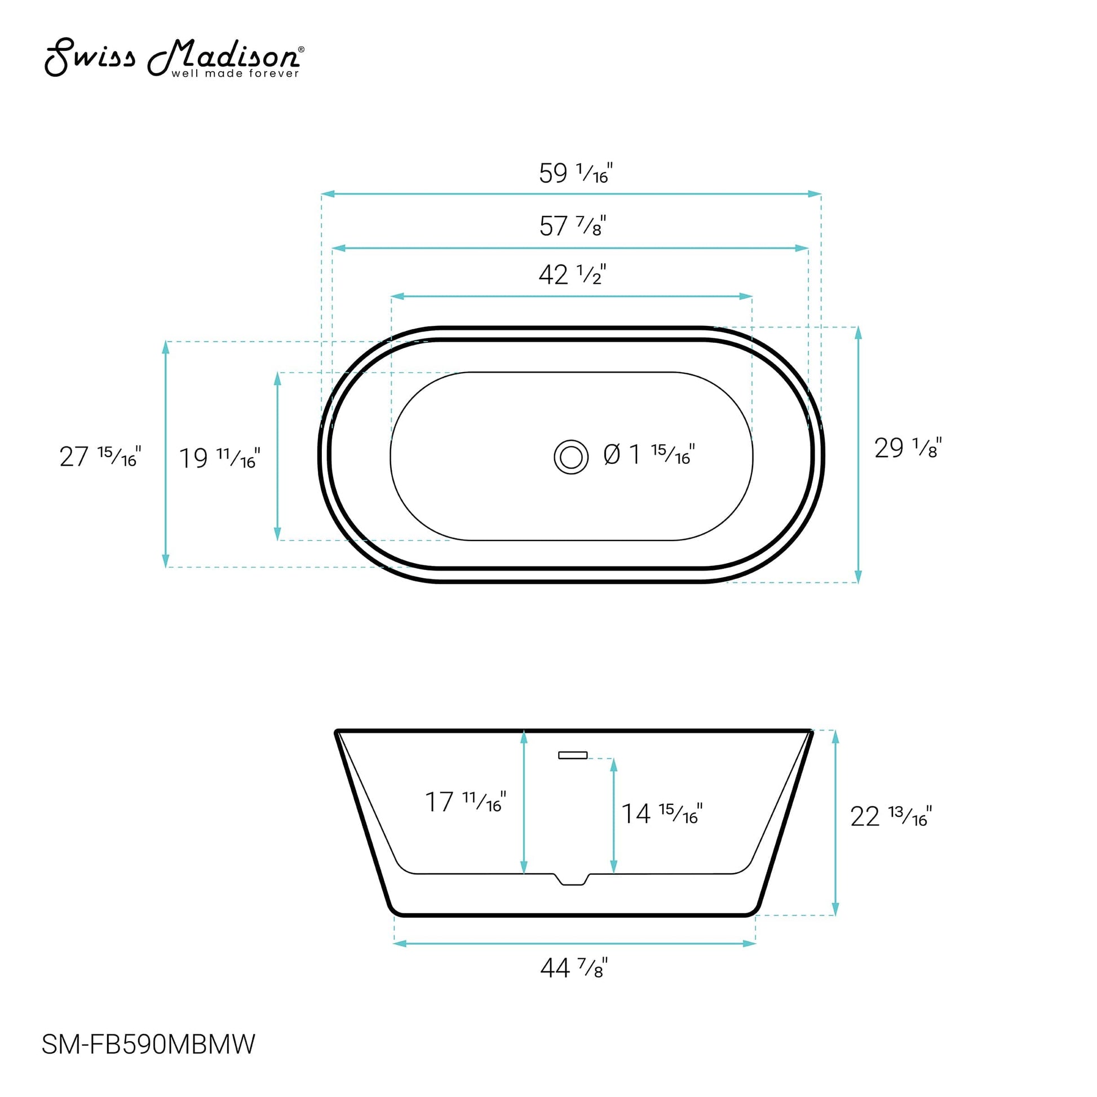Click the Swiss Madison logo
(x=173, y=57)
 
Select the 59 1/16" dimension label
(x=574, y=172)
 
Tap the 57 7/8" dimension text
(x=572, y=226)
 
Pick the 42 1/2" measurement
(x=572, y=275)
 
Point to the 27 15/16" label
(x=100, y=457)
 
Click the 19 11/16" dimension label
(x=219, y=458)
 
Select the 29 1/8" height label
(x=908, y=448)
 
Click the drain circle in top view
(x=570, y=457)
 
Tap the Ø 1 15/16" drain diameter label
(x=649, y=455)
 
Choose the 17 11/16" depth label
(x=465, y=802)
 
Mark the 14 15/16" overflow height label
(x=661, y=813)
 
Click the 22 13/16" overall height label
(x=890, y=816)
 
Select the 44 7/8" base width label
(x=573, y=967)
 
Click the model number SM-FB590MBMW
(x=149, y=1043)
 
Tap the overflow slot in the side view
(x=572, y=755)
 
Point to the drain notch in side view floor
(x=572, y=879)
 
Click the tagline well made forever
(x=235, y=74)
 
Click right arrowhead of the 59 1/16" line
(x=815, y=194)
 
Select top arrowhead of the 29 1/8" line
(x=858, y=333)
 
